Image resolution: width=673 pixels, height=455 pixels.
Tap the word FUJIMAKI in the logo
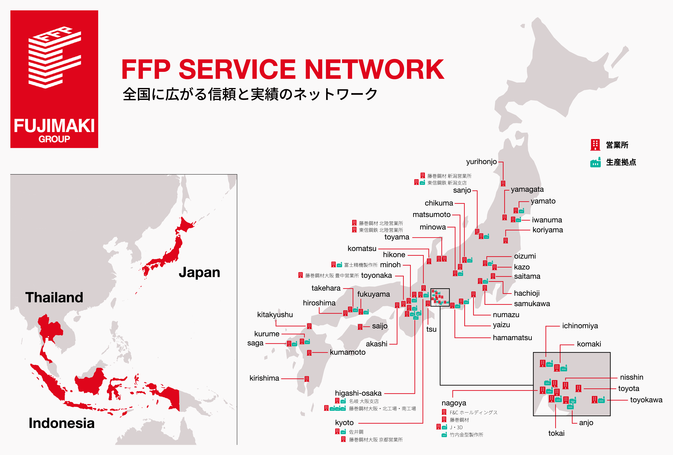click(x=54, y=126)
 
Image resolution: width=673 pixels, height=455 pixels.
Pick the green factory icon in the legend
click(x=595, y=163)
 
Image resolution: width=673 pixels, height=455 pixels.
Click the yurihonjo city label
click(x=481, y=162)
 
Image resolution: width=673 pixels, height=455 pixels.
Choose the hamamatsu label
click(x=512, y=338)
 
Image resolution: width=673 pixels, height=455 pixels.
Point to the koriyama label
click(x=548, y=230)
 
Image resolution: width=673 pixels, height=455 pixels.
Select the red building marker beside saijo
click(x=360, y=327)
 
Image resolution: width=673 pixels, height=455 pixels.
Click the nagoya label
click(x=454, y=403)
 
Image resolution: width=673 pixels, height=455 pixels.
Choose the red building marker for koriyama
click(x=505, y=240)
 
